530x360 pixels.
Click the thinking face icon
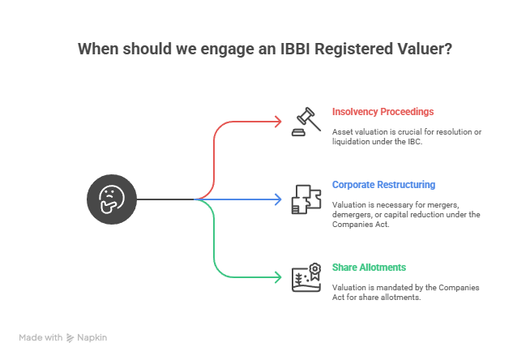[111, 199]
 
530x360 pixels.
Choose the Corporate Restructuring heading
[383, 185]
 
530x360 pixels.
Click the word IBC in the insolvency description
[415, 141]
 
